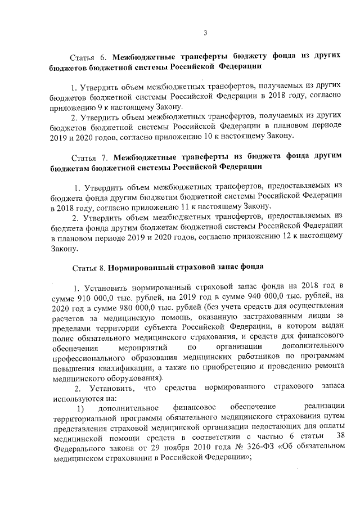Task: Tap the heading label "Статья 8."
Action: [88, 267]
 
